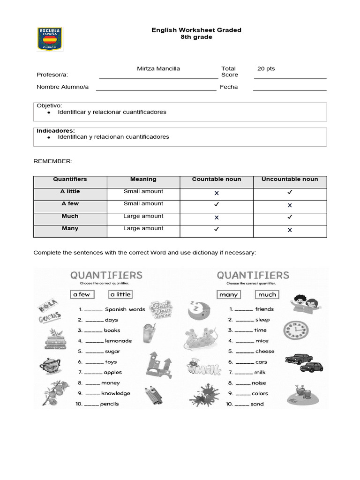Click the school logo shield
point(50,39)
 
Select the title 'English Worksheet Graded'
point(196,30)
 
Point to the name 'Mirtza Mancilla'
point(158,68)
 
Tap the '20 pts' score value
point(266,68)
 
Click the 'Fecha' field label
point(229,87)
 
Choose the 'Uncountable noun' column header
point(290,179)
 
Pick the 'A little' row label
point(70,191)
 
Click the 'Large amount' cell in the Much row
point(143,216)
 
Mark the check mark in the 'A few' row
point(217,204)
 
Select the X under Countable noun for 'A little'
point(217,193)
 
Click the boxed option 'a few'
point(82,294)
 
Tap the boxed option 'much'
point(267,294)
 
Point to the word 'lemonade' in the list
point(118,341)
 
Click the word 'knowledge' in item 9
point(116,393)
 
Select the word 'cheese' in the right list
point(265,351)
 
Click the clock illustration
point(295,331)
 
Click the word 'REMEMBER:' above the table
point(53,161)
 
